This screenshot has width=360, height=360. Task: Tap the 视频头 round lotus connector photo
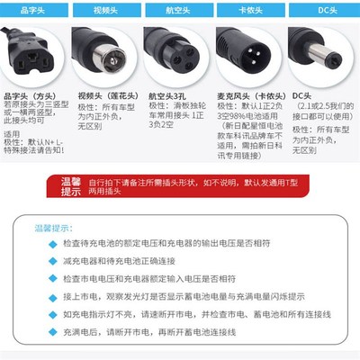tap(111, 56)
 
